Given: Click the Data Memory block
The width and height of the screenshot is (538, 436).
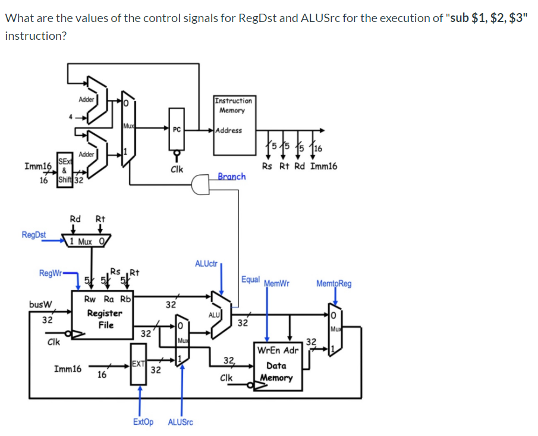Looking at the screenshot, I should [x=276, y=364].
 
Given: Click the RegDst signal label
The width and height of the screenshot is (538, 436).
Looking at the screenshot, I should [x=34, y=234].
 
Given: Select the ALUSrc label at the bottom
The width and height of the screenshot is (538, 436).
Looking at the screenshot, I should [x=181, y=422].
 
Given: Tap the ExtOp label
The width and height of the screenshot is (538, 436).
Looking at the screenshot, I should [x=143, y=422].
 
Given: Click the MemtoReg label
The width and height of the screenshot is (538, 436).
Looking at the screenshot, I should [x=334, y=283].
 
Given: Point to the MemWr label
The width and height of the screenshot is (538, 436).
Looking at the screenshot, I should [x=276, y=283].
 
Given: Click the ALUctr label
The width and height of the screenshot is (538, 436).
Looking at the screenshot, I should [x=206, y=262].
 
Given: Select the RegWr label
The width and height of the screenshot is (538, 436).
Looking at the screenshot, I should [x=49, y=273].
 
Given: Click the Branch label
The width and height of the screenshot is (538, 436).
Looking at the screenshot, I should [x=231, y=176].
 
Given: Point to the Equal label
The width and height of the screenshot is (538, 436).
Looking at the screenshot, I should [x=251, y=279].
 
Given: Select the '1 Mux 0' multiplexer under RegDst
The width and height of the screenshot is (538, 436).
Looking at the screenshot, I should [x=89, y=241].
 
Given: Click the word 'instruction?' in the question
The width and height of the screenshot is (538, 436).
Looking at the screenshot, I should [x=35, y=36].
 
